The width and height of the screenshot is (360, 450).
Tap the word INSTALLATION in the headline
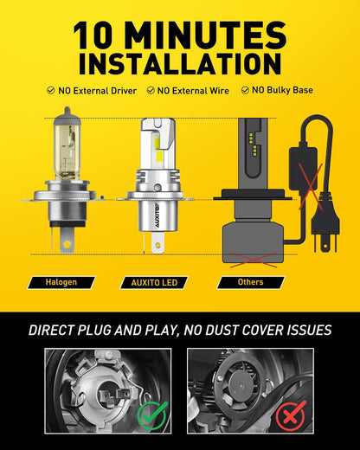click(180, 64)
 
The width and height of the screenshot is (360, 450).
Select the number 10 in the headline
click(93, 35)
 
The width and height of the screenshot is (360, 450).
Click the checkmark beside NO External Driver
click(51, 90)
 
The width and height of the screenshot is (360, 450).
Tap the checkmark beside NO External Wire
click(151, 90)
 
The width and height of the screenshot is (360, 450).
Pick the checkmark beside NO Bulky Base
click(245, 90)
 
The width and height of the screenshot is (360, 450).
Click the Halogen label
click(61, 282)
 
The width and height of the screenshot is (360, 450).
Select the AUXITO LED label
click(154, 282)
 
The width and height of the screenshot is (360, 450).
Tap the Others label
click(250, 282)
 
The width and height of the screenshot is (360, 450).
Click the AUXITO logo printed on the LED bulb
click(158, 215)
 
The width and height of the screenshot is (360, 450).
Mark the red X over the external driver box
click(311, 186)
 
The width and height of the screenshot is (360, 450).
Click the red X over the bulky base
click(254, 260)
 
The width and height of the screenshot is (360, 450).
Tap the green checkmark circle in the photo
click(151, 416)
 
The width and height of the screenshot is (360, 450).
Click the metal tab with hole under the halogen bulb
click(67, 240)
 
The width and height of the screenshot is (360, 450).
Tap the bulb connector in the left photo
click(113, 395)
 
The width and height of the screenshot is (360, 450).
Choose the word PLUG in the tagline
click(94, 331)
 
